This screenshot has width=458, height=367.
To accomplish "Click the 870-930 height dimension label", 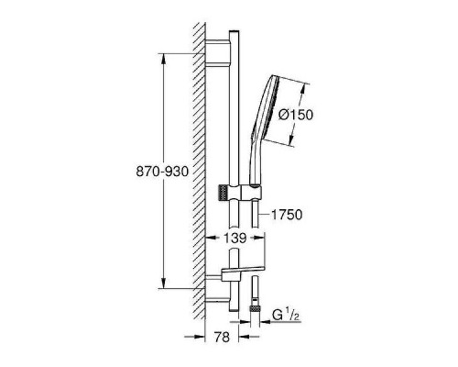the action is click(x=162, y=172).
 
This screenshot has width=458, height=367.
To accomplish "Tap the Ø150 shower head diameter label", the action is click(x=296, y=115).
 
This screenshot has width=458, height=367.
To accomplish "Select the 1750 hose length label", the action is click(x=287, y=215).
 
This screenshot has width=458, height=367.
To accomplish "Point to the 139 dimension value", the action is click(x=234, y=238).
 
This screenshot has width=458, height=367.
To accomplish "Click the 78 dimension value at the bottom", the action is click(x=222, y=337).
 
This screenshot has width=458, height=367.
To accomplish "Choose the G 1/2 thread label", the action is click(x=285, y=316).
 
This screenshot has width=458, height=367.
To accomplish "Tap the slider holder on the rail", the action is click(x=240, y=193).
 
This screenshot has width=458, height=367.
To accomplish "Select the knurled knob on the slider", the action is click(x=224, y=193).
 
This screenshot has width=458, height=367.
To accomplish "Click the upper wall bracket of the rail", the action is click(x=218, y=52).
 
